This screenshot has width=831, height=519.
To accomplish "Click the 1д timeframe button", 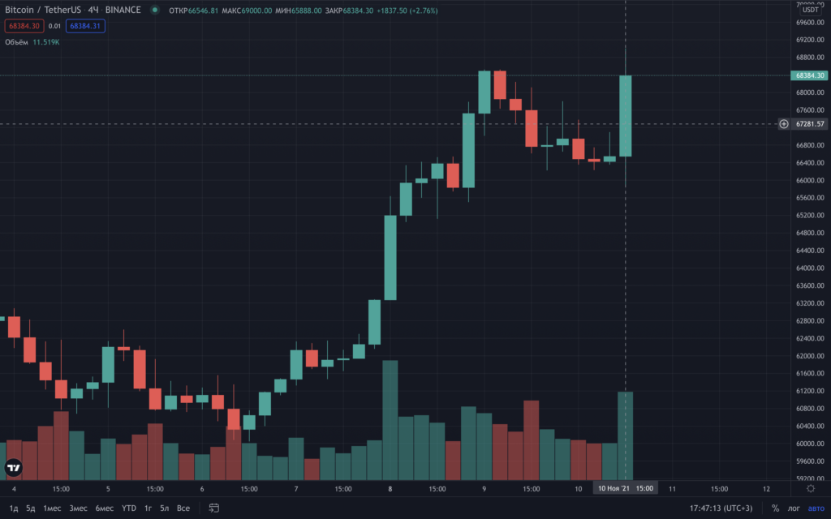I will (14, 508).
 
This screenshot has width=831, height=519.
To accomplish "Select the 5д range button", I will (31, 508).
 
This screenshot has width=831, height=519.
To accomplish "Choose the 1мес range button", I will (52, 508).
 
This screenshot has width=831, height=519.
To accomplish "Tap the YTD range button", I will (129, 508).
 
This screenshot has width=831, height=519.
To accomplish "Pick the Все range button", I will (183, 508).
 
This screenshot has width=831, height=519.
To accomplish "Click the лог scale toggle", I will (794, 508).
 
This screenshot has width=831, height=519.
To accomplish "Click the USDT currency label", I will (810, 10).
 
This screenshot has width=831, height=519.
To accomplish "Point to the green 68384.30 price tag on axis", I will (810, 75).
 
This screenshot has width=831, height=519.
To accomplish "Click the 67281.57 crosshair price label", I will (810, 124).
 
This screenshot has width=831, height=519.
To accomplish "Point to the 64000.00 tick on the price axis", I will (810, 268).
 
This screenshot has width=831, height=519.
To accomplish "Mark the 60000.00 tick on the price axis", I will (810, 444).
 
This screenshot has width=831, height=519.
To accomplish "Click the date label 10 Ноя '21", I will (614, 489).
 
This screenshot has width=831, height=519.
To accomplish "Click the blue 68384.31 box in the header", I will (85, 26).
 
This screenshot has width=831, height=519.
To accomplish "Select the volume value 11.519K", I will (46, 41).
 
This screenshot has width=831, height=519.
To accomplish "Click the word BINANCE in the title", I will (123, 10).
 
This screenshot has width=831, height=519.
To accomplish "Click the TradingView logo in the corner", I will (14, 468).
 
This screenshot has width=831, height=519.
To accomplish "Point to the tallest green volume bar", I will (390, 422).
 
